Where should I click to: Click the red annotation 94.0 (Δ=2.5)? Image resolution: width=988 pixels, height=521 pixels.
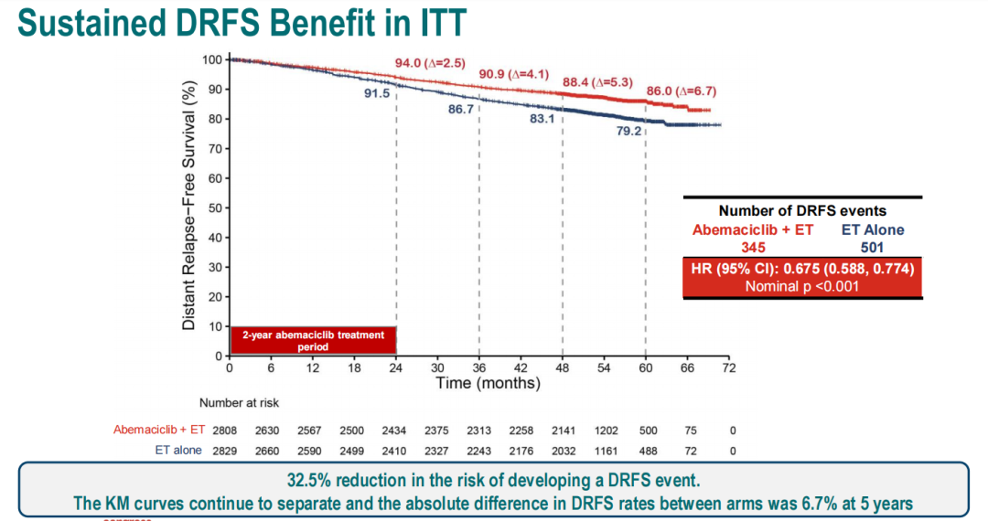pos(430,63)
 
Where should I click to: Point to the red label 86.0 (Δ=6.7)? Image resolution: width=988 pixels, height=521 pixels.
pos(681,91)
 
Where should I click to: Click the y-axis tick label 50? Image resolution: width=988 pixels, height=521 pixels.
pos(213,207)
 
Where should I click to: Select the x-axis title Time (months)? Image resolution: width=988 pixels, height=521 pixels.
pos(487,383)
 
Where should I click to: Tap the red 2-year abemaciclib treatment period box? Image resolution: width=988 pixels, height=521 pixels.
pos(313,340)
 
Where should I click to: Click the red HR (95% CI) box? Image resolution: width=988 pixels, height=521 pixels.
pos(802,276)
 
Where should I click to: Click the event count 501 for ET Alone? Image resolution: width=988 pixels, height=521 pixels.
pos(872,247)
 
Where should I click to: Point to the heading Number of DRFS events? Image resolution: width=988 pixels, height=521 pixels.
pos(802,211)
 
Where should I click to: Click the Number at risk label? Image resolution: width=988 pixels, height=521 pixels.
pos(240,402)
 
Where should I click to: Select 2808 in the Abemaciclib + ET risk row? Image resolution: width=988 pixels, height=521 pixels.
pos(224,429)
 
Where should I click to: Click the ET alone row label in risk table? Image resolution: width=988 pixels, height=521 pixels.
pos(177,451)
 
